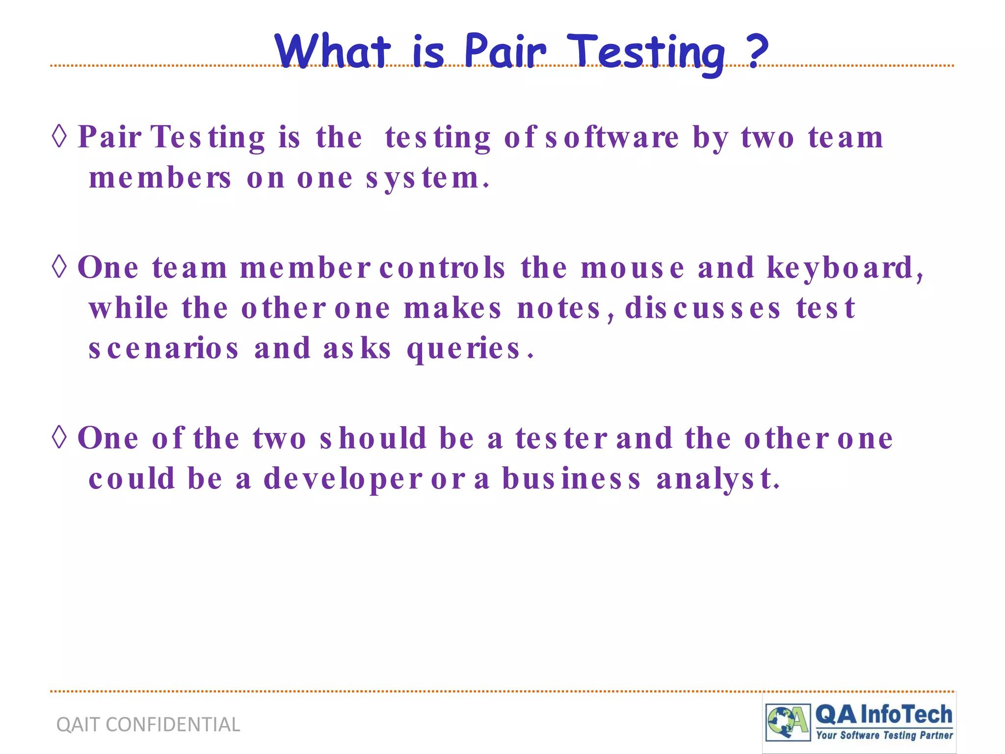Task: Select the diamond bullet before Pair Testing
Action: (x=59, y=136)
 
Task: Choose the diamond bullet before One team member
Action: (x=59, y=267)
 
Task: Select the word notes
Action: (x=559, y=309)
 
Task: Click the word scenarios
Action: (x=163, y=349)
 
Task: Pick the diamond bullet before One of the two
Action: (x=59, y=437)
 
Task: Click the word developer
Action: (x=343, y=479)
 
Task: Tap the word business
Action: (x=571, y=479)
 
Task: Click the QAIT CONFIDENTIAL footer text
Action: (x=148, y=725)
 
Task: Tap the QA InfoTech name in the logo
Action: (x=883, y=715)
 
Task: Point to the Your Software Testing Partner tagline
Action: (x=884, y=735)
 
